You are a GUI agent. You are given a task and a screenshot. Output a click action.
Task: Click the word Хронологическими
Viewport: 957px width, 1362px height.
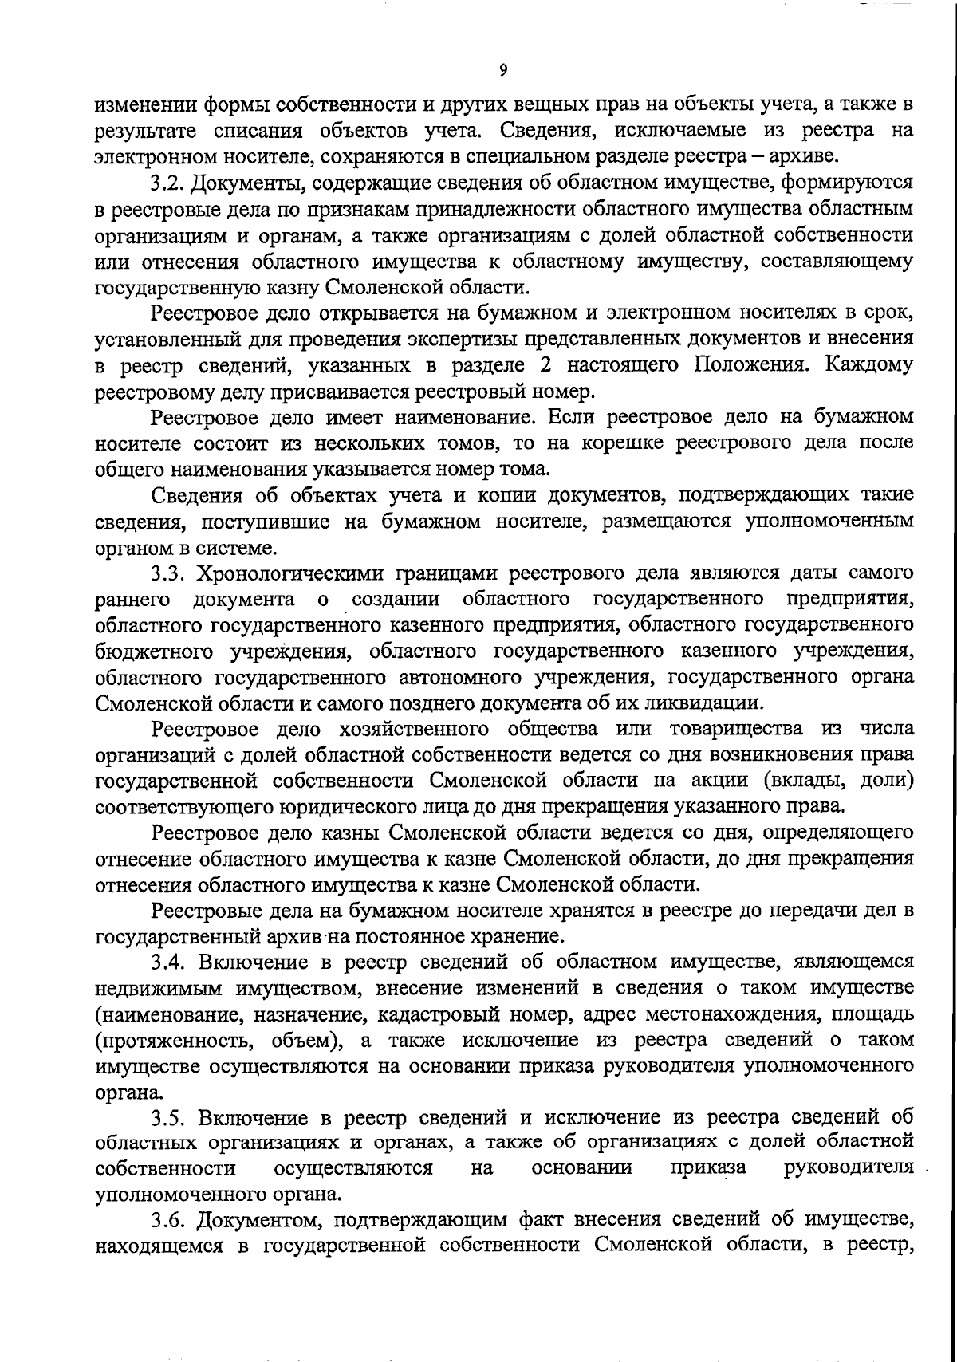tap(284, 573)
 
